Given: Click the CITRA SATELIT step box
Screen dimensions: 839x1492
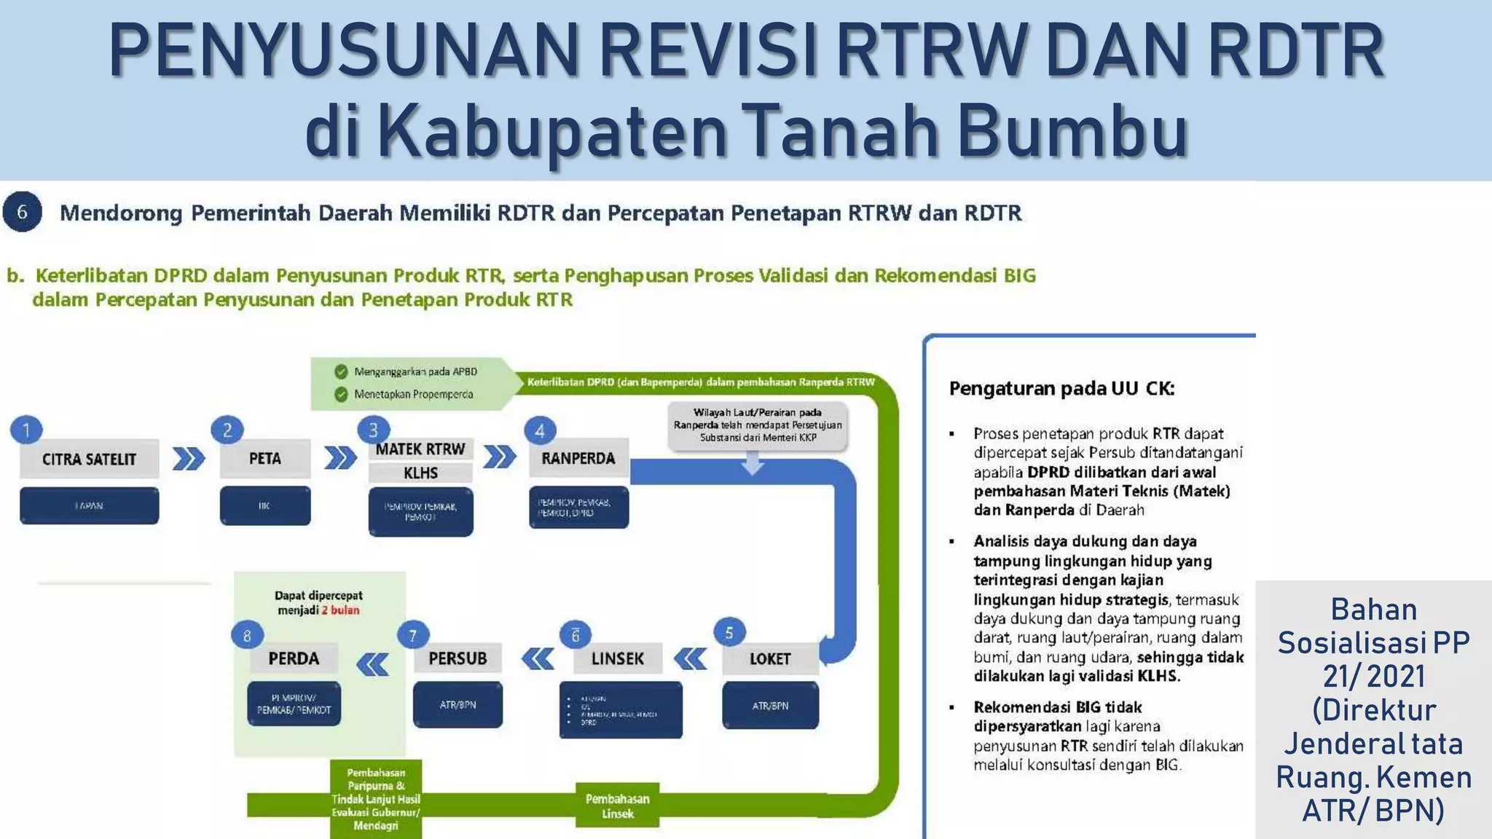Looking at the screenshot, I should pos(89,459).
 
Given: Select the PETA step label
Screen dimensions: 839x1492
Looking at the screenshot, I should pos(264,458).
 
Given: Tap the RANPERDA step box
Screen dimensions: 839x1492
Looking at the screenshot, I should pos(578,458).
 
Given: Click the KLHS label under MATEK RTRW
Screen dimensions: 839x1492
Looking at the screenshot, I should pos(420,473).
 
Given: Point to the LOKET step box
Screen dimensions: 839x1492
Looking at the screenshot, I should pos(769,658).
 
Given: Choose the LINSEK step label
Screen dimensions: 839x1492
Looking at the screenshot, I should pos(617,658).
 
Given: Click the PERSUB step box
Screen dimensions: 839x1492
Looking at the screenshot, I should pos(457,658).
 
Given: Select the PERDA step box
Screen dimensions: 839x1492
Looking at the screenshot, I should pos(294,658).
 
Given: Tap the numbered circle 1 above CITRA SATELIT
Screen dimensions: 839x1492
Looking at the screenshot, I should pos(26,430).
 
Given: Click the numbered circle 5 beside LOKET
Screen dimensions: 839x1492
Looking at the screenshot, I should pos(729,633).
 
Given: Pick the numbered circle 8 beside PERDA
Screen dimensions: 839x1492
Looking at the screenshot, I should pos(247,636).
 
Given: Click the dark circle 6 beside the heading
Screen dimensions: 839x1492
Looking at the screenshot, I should pos(22,212).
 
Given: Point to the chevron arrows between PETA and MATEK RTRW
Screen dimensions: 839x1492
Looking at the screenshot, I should pos(340,458).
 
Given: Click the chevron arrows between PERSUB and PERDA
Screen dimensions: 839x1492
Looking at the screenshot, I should pos(372,664).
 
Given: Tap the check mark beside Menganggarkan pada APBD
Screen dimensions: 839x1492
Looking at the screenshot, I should pos(341,371).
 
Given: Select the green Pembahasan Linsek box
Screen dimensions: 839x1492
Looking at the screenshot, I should pos(617,805).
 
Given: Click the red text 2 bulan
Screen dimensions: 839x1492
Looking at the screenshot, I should pos(340,610).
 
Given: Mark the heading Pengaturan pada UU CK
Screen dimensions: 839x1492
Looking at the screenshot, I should pos(1061,389).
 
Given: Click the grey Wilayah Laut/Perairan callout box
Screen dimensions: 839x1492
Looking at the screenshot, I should pos(758,425).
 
